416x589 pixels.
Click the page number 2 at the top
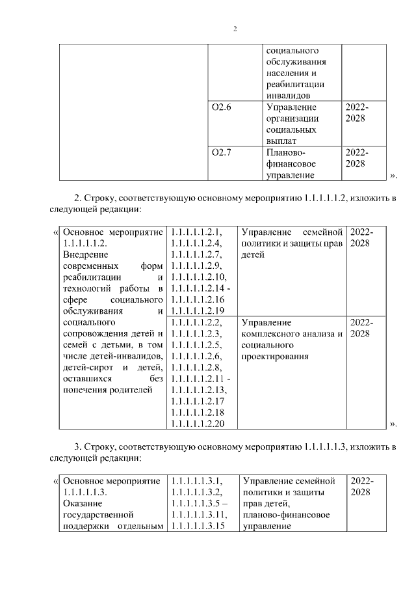pyautogui.click(x=235, y=29)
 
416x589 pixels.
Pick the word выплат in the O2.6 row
pyautogui.click(x=281, y=141)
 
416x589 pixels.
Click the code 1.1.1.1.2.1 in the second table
pyautogui.click(x=196, y=232)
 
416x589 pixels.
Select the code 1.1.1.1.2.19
pyautogui.click(x=198, y=310)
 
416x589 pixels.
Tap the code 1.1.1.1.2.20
pyautogui.click(x=198, y=424)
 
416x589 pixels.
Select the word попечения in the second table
pyautogui.click(x=88, y=390)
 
